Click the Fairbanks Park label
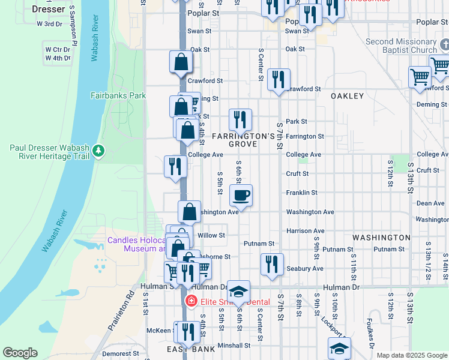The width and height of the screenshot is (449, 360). [x=118, y=95]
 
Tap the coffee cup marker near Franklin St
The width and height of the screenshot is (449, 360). [x=241, y=195]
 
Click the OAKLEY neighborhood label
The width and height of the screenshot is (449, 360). [x=347, y=96]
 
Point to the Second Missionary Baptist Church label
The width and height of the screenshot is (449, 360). [x=401, y=46]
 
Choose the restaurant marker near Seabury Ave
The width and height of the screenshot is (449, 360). [x=272, y=264]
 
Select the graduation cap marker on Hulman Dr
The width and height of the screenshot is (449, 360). [x=238, y=292]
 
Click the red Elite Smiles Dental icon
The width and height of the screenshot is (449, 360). [x=191, y=301]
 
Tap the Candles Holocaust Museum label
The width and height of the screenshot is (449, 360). [x=136, y=244]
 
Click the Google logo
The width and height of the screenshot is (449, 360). [x=20, y=352]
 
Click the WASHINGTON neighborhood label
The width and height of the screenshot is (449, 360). [x=381, y=238]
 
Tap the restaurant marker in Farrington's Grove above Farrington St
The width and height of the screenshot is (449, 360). [x=240, y=119]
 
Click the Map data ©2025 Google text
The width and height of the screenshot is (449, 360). [x=412, y=355]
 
